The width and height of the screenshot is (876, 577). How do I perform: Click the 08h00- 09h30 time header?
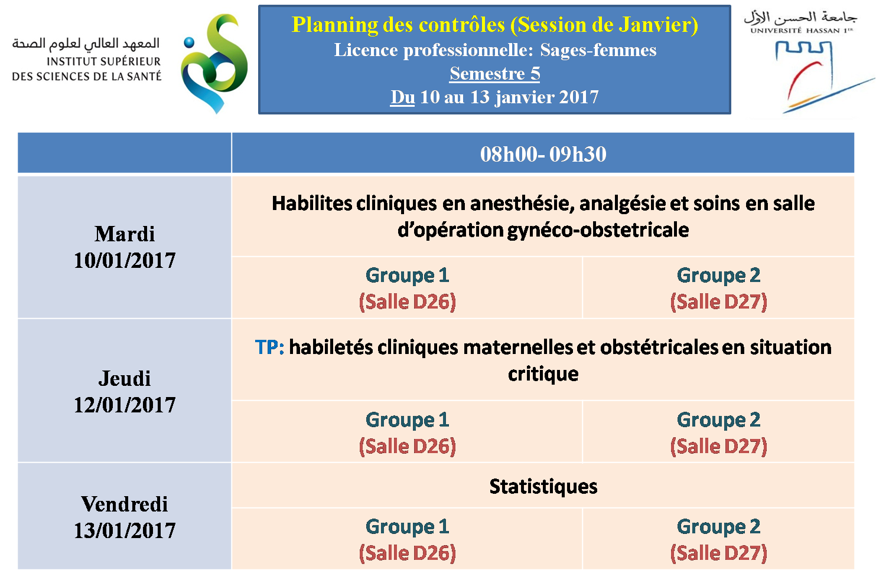pos(543,154)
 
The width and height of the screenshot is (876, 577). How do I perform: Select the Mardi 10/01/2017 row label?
pos(125,247)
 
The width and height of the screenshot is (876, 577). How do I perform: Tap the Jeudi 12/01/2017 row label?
pos(125,391)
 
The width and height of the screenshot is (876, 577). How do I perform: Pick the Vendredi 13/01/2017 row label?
pos(125,517)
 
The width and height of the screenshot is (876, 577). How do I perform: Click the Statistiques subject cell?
pos(543,487)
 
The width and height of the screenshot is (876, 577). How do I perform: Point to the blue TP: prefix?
pos(269,347)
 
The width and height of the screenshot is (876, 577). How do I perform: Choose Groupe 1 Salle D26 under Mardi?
pos(407,288)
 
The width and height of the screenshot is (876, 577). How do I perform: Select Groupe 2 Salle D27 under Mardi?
pos(718,288)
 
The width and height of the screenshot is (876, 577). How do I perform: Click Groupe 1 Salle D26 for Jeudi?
pos(407,433)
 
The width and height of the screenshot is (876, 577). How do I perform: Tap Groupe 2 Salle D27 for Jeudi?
pos(718,433)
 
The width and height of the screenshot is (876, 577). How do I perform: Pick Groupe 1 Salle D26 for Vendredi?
pos(407,539)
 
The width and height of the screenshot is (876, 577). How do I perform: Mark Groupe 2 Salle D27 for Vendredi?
pos(718,539)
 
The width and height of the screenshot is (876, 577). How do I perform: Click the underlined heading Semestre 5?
pos(494,73)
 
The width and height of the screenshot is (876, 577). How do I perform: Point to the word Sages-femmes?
pos(598,50)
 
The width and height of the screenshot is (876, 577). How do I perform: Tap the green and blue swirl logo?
pos(214,63)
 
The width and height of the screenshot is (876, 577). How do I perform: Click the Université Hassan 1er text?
pos(802,31)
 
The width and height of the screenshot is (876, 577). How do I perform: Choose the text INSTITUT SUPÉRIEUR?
pos(103,62)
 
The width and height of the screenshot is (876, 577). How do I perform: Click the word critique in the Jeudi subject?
pos(543,375)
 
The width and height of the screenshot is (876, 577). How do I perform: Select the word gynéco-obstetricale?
pos(598,230)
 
